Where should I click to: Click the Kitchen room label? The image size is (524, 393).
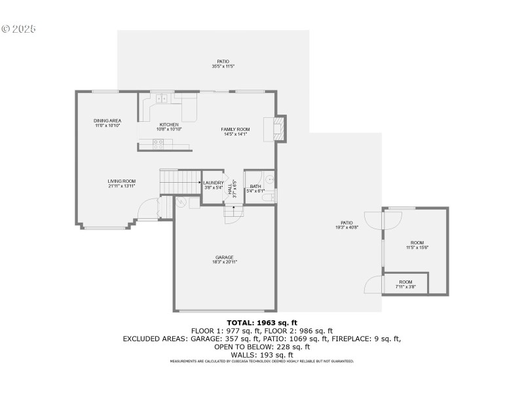point(169,124)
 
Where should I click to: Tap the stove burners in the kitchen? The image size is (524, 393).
point(158,143)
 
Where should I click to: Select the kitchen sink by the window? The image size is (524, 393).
point(162,99)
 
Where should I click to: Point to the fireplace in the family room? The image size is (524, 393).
point(276,128)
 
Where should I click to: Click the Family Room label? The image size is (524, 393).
point(235,129)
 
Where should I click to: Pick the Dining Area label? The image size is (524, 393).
point(107,121)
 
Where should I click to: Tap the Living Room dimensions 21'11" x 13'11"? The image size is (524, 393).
point(122,186)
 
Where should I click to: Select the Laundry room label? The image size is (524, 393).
point(214,183)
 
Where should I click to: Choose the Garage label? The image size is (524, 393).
point(224,257)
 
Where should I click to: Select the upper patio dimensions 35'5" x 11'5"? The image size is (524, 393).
point(223,67)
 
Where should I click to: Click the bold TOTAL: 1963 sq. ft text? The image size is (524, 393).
point(261,322)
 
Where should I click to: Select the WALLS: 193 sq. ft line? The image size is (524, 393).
point(261,354)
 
